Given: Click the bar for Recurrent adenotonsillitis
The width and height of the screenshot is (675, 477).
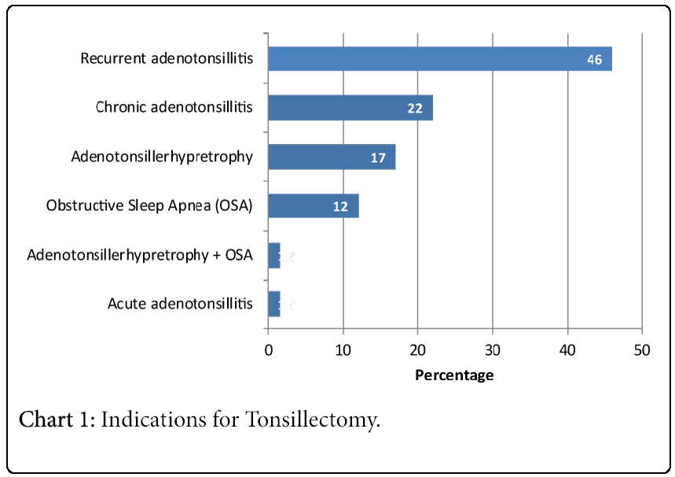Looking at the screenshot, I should tap(439, 59).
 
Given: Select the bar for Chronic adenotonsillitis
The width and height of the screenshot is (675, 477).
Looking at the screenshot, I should tap(350, 108).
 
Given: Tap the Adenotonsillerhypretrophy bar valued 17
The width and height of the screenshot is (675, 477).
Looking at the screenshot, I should tap(331, 157).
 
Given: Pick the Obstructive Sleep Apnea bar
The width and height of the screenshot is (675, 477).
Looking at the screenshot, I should tap(313, 206).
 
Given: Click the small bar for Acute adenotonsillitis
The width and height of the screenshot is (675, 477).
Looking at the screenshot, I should tap(273, 303).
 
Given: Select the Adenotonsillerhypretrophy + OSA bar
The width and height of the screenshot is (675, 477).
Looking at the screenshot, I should tap(273, 256).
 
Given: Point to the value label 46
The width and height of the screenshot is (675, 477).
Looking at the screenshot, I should tap(595, 60).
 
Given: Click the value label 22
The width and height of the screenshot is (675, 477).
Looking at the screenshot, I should tap(415, 109).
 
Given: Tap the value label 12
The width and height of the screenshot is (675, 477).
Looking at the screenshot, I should tap(340, 207).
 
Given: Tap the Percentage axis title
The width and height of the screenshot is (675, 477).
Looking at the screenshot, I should tap(454, 375).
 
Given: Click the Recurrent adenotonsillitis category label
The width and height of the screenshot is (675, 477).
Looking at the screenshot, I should tap(167, 59).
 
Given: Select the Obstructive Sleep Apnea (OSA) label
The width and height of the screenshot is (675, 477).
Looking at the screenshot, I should tap(149, 206).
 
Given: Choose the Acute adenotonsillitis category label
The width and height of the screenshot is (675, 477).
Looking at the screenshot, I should tap(180, 303).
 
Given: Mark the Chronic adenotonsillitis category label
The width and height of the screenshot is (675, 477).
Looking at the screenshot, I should tap(174, 107).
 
